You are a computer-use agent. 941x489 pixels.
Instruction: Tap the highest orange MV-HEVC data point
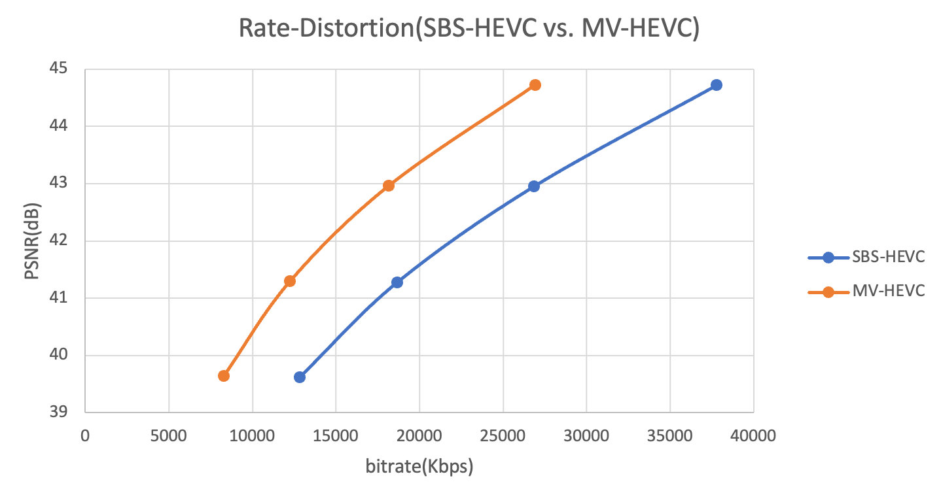tap(535, 85)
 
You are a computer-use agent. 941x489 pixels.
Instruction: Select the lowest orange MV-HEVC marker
tap(224, 376)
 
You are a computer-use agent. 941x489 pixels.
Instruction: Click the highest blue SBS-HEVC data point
tap(716, 85)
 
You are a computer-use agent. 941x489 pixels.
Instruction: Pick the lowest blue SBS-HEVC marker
tap(300, 377)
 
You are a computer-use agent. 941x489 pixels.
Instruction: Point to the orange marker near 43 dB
tap(389, 186)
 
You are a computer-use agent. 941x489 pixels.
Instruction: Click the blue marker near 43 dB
tap(534, 186)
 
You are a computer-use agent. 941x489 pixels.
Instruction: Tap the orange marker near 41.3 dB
tap(290, 281)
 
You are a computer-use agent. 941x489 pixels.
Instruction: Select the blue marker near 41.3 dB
tap(397, 282)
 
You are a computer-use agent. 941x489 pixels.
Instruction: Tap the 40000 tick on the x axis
tap(753, 435)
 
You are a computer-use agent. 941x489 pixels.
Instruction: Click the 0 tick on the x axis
tap(86, 435)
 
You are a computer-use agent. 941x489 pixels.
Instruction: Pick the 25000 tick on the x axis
tap(503, 435)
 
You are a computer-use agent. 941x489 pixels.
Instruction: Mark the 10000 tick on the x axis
tap(253, 435)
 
